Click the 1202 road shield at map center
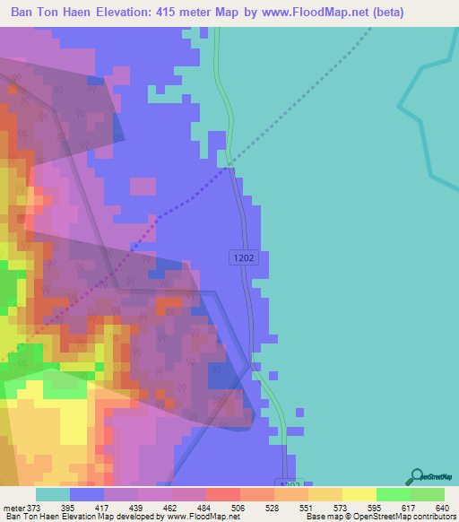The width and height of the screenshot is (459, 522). tap(242, 257)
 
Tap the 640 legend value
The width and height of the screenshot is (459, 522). tap(443, 509)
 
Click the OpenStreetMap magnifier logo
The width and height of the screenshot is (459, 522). tap(417, 476)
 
